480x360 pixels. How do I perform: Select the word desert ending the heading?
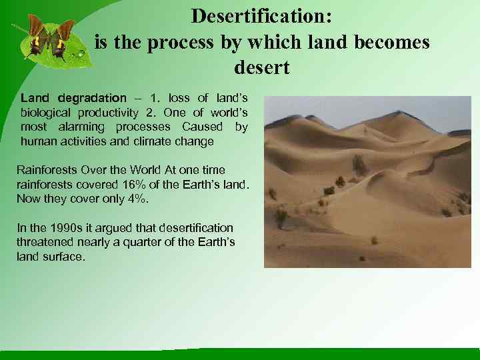262,68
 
